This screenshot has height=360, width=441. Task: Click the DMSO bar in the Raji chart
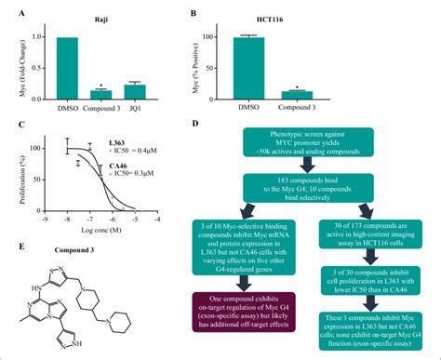point(68,68)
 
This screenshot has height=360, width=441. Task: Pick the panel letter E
point(9,247)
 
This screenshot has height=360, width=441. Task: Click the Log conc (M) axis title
point(127,231)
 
